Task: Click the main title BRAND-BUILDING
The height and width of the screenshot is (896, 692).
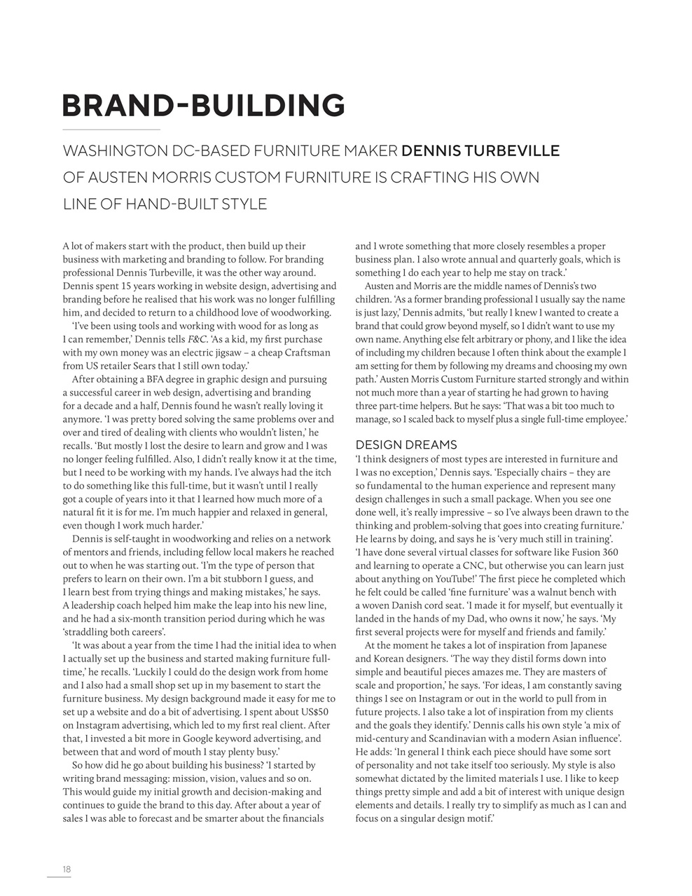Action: tap(203, 106)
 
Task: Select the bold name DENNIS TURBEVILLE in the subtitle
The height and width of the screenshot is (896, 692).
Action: tap(480, 151)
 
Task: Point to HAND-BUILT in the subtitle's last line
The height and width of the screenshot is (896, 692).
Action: tap(160, 204)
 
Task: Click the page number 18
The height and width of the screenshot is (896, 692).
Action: tap(67, 869)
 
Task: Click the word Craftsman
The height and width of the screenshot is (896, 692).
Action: tap(304, 352)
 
